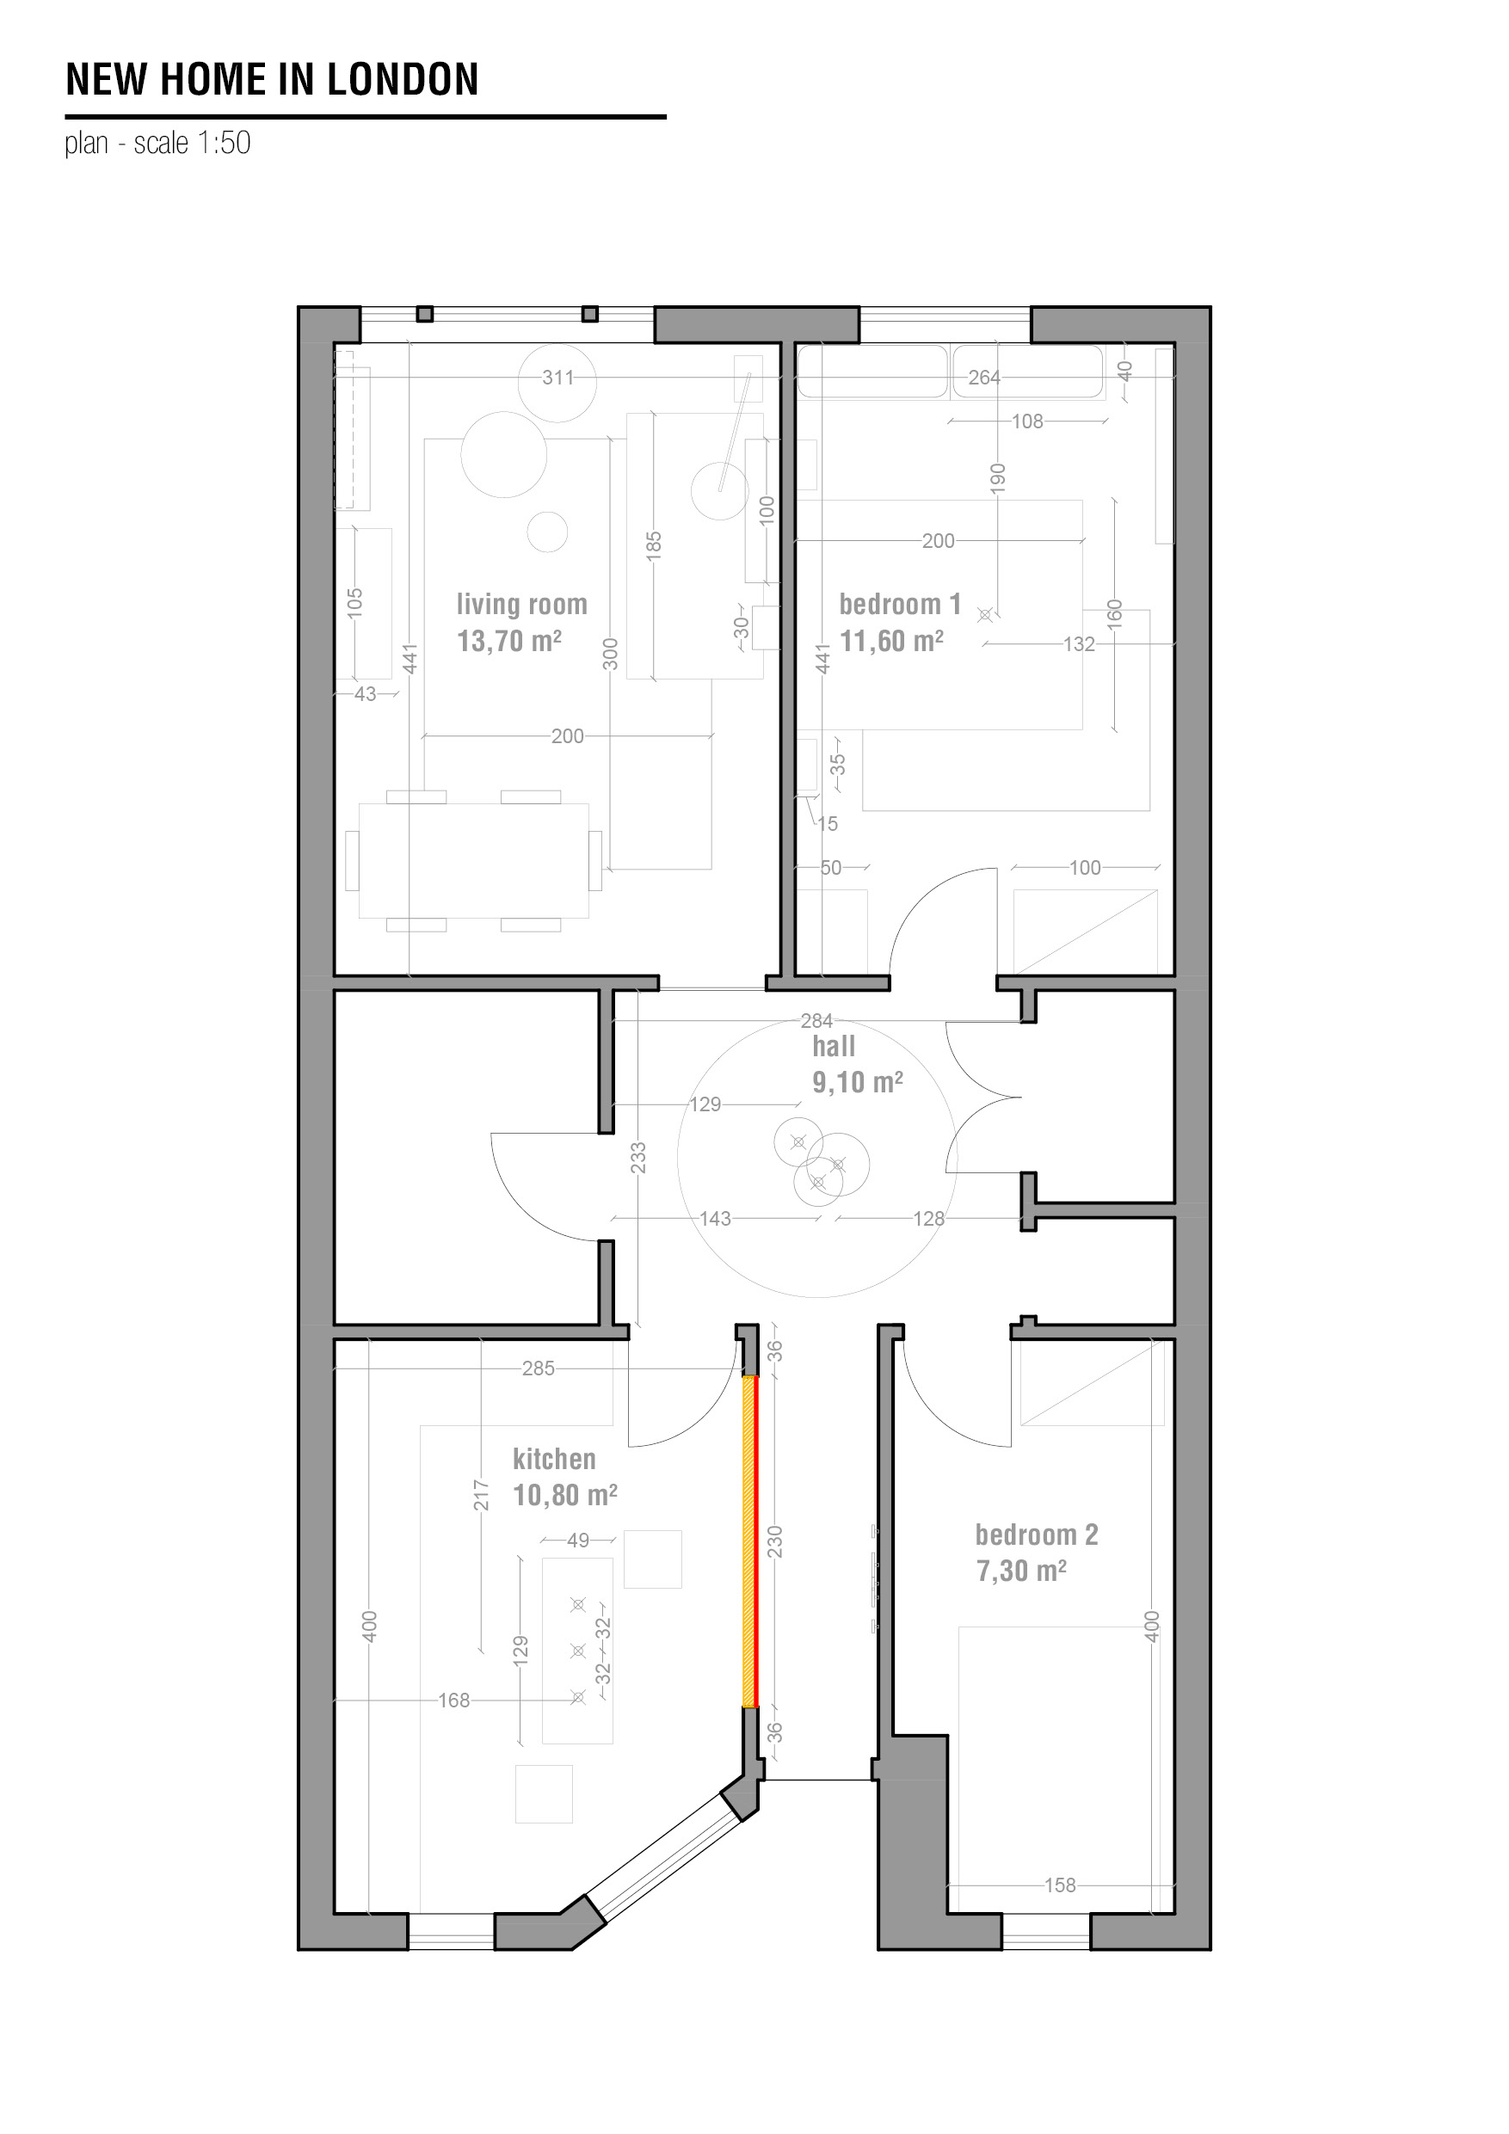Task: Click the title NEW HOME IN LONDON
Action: coord(272,80)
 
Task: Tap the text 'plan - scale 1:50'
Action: coord(158,143)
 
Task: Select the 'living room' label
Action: coord(521,604)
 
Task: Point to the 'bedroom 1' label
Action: coord(899,604)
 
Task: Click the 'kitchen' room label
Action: coord(554,1458)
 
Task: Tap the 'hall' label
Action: coord(833,1047)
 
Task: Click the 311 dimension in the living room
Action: coord(557,378)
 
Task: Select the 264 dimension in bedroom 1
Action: coord(983,378)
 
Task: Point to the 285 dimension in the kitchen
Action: coord(538,1368)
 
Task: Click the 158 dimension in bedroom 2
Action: coord(1060,1885)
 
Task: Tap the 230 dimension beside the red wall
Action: coord(775,1542)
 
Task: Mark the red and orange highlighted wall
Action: coord(749,1541)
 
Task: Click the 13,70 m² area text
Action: coord(508,642)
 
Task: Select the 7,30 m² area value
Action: coord(1021,1571)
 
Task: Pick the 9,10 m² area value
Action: coord(857,1082)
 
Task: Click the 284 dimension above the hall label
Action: coord(816,1020)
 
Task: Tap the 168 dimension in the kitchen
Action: coord(453,1700)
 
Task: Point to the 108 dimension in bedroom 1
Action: coord(1027,421)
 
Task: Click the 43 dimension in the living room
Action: coord(366,693)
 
